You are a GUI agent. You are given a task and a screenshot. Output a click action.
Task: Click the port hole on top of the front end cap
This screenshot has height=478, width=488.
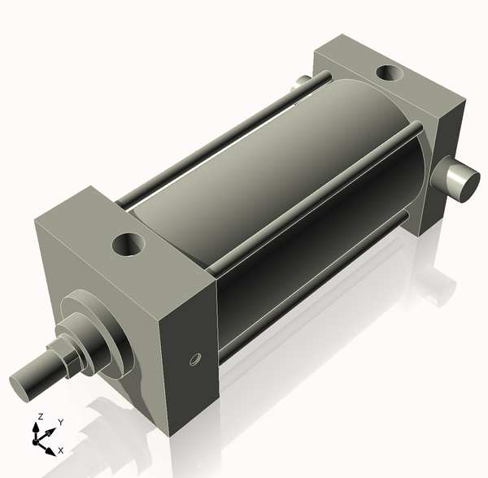[x=129, y=243]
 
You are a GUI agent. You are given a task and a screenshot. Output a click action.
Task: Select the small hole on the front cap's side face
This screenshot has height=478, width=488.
[x=194, y=358]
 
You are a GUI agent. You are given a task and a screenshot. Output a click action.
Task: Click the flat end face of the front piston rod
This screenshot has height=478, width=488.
[x=23, y=384]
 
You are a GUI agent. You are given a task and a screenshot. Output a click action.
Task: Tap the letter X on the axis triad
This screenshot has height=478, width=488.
[x=61, y=450]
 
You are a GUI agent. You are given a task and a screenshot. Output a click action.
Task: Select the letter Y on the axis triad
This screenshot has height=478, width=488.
[x=61, y=422]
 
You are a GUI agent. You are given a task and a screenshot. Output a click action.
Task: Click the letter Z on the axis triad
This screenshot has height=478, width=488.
[x=37, y=416]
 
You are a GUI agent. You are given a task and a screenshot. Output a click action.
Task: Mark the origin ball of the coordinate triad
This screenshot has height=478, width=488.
[x=37, y=440]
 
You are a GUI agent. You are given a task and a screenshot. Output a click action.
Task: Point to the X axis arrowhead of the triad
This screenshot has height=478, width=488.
[x=51, y=449]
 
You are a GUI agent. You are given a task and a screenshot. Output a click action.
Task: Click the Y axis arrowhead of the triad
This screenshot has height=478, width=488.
[x=52, y=429]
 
